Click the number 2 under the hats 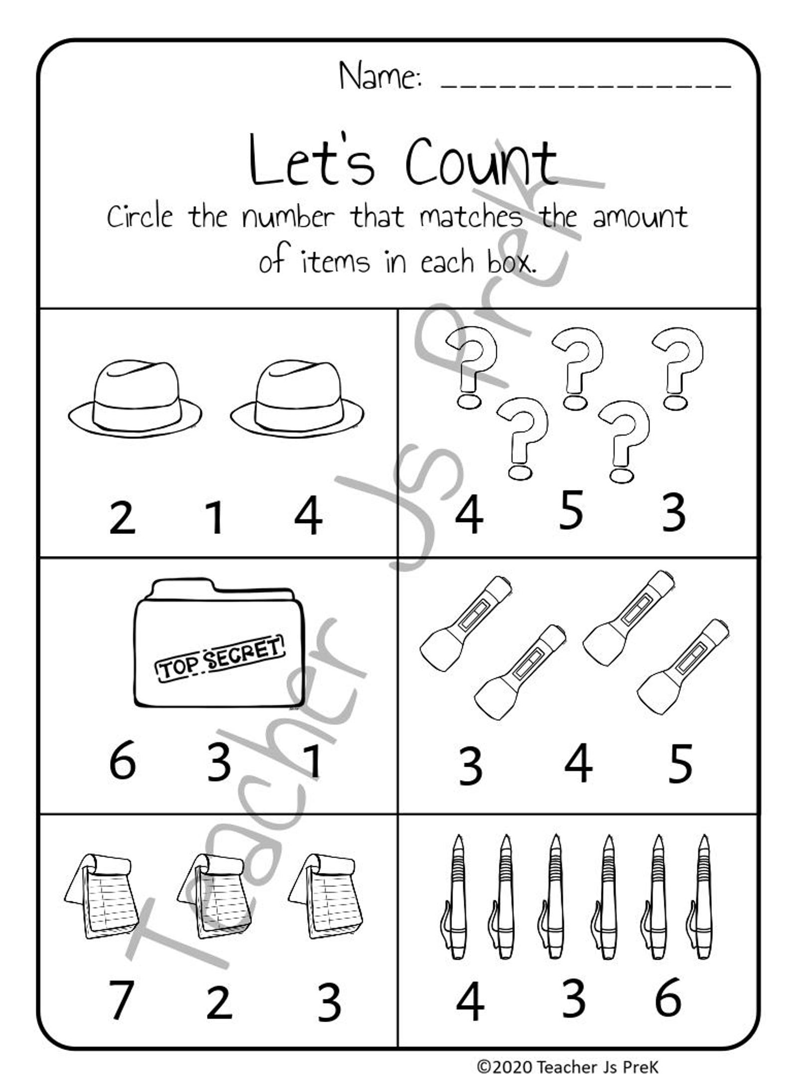[122, 518]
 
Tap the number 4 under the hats [308, 518]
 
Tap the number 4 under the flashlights [579, 763]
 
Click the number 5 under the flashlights [680, 763]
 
